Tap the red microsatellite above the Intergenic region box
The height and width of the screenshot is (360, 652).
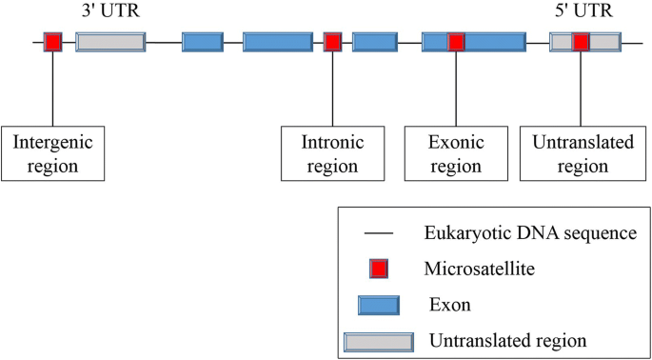tap(52, 42)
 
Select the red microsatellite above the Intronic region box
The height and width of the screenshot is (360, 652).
tap(332, 42)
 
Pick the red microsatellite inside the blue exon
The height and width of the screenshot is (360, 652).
tap(456, 42)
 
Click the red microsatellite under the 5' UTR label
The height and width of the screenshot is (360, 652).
tap(581, 42)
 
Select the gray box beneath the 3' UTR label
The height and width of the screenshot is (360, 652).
tap(110, 42)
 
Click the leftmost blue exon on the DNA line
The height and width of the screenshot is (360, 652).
tap(202, 42)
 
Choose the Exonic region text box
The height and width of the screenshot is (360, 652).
tap(458, 153)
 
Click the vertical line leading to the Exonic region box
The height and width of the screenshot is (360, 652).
tap(456, 90)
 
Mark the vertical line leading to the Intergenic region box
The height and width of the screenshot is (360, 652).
tap(52, 90)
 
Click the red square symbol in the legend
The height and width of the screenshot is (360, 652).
tap(379, 270)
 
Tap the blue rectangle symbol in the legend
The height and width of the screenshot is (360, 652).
tap(385, 306)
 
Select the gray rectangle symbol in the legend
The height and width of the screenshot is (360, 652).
tap(379, 340)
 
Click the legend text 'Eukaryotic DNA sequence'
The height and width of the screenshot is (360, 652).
tap(529, 231)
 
